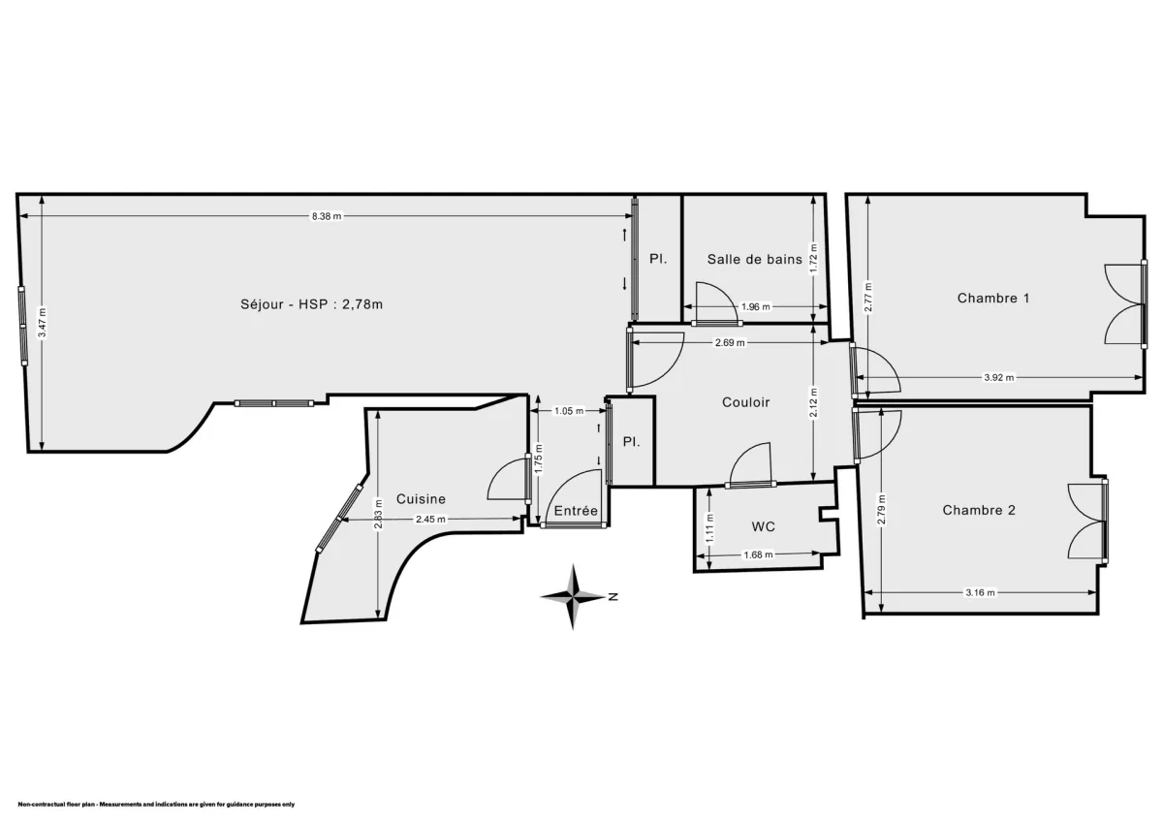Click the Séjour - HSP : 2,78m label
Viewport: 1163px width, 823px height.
311,303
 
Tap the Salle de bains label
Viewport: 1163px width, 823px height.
754,259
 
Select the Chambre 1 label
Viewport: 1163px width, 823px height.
993,298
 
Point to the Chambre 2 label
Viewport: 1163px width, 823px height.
979,510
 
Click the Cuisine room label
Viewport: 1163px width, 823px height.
421,499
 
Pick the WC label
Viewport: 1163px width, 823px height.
764,526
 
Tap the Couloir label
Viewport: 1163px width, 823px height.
745,401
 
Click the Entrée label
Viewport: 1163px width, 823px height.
576,511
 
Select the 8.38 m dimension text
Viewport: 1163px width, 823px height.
326,216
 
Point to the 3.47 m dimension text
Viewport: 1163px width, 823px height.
42,322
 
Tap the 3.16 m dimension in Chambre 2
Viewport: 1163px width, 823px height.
981,592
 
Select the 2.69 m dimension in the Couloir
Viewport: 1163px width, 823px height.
730,342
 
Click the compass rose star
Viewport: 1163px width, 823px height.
574,597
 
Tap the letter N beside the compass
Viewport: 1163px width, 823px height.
613,597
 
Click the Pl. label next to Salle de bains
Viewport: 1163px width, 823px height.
658,259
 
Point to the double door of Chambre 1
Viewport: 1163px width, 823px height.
1125,303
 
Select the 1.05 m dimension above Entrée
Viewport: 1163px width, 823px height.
568,411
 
